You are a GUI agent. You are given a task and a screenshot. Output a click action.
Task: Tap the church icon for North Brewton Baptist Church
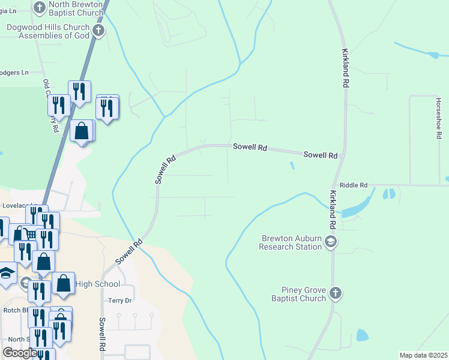click(40, 8)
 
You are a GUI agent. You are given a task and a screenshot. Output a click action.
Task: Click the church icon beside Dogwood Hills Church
click(98, 31)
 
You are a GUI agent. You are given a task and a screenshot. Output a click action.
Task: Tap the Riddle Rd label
click(353, 186)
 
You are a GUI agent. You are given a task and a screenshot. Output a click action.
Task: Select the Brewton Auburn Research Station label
click(291, 242)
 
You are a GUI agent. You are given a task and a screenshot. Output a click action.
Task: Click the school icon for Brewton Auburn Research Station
click(330, 242)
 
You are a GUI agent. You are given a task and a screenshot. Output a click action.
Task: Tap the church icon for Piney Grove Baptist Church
click(336, 293)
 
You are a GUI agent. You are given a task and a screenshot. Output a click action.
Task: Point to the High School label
click(98, 284)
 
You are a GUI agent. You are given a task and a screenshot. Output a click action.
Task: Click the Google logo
click(20, 353)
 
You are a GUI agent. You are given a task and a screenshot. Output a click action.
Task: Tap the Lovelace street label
click(16, 205)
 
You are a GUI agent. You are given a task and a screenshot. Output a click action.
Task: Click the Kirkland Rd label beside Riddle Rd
click(332, 210)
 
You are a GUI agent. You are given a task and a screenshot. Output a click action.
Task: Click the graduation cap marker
click(6, 274)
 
